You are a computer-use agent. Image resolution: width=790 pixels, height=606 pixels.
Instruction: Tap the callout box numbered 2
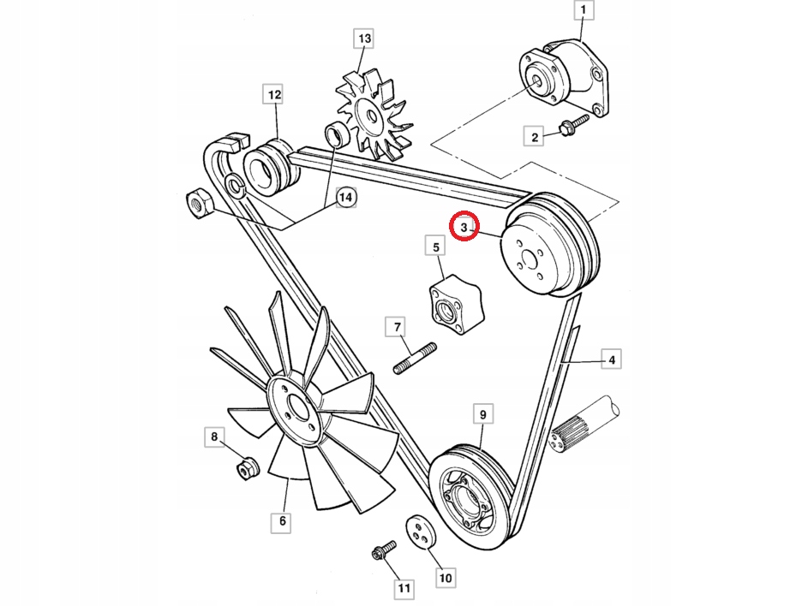535,135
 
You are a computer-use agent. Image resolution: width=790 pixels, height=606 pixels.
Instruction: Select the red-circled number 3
464,228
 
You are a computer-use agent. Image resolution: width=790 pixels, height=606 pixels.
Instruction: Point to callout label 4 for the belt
612,360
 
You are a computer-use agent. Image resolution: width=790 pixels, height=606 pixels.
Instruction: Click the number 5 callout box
435,248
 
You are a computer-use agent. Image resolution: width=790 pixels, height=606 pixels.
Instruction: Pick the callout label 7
398,327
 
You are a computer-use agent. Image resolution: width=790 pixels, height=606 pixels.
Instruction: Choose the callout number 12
274,95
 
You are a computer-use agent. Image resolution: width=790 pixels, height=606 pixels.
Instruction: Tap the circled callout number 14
344,198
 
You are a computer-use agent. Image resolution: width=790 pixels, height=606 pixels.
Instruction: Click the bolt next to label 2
574,125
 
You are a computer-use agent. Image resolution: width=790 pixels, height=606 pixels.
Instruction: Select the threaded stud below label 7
415,359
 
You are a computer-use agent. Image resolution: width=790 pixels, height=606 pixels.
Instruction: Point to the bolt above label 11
382,550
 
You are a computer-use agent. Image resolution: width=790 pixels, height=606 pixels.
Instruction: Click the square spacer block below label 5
453,305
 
